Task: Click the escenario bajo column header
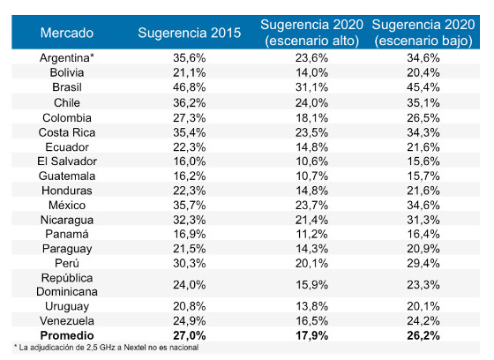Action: click(425, 33)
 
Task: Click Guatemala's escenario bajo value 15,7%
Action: click(425, 176)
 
